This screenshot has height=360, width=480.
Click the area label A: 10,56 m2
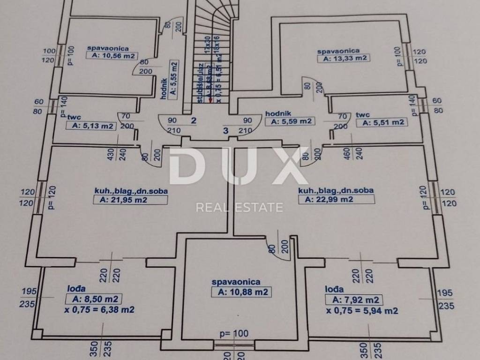click(x=112, y=56)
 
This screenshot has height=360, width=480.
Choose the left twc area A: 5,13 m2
click(x=91, y=126)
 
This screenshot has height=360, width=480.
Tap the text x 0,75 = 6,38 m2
click(x=99, y=309)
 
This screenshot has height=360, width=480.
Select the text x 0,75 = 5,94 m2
click(x=363, y=310)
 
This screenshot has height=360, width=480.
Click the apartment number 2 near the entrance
click(x=193, y=120)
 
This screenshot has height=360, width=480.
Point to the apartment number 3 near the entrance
click(x=225, y=131)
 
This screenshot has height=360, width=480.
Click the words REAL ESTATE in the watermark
click(x=239, y=207)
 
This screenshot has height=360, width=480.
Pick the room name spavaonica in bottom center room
click(x=236, y=282)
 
